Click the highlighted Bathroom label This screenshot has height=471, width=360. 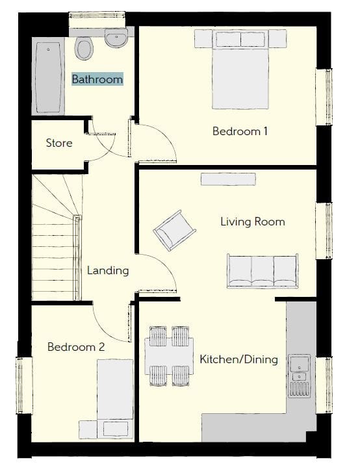pyautogui.click(x=97, y=79)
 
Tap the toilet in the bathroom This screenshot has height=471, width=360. pyautogui.click(x=84, y=48)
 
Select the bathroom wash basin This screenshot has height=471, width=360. pyautogui.click(x=116, y=38)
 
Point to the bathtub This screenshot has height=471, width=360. pyautogui.click(x=48, y=77)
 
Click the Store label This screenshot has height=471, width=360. pyautogui.click(x=59, y=143)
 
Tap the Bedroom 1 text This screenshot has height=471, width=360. pyautogui.click(x=240, y=131)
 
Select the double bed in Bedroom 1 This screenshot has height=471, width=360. pyautogui.click(x=240, y=70)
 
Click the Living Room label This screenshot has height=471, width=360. pyautogui.click(x=253, y=222)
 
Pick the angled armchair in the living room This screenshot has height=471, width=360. pyautogui.click(x=175, y=231)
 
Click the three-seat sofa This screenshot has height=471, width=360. pyautogui.click(x=263, y=272)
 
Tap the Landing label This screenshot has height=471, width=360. pyautogui.click(x=108, y=270)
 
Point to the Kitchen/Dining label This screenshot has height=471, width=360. pyautogui.click(x=239, y=359)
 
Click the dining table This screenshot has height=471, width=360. pyautogui.click(x=169, y=356)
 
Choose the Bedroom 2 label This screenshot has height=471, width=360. pyautogui.click(x=76, y=347)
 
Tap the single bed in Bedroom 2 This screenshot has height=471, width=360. pyautogui.click(x=115, y=398)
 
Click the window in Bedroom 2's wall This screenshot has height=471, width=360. pyautogui.click(x=24, y=385)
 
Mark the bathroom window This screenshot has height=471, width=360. pyautogui.click(x=97, y=20)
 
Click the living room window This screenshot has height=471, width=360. pyautogui.click(x=324, y=231)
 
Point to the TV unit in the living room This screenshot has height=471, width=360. pyautogui.click(x=228, y=179)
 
